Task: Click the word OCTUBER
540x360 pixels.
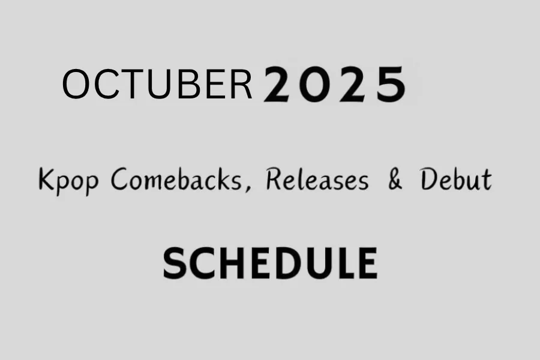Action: coord(157,85)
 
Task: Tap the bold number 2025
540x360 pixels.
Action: coord(334,85)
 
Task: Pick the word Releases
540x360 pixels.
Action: coord(317,179)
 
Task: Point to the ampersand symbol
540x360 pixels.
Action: coord(395,180)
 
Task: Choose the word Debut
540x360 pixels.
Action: coord(456,179)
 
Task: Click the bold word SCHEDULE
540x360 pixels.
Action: coord(270,263)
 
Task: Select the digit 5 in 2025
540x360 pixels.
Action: coord(391,85)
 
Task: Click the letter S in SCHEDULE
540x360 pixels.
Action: coord(175,263)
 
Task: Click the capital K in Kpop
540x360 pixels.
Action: coord(46,179)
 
